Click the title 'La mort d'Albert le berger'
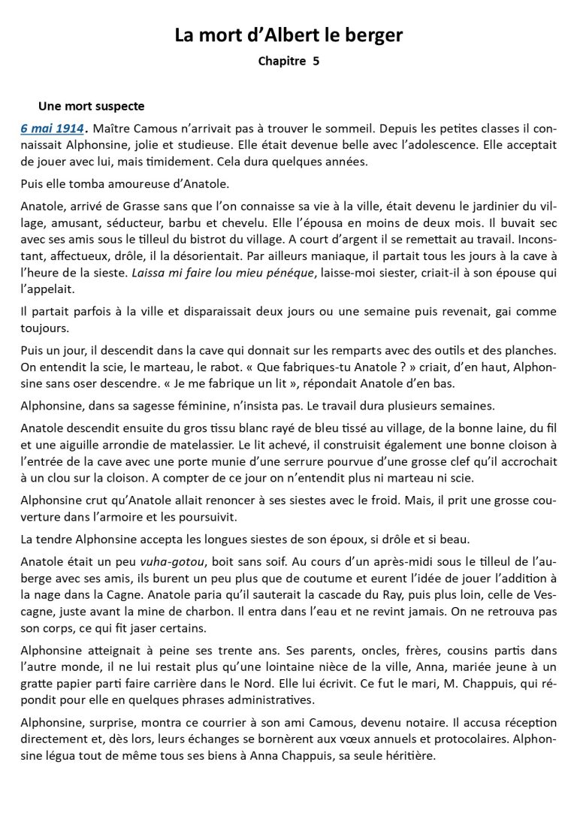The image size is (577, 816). click(288, 35)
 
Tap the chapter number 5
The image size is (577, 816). click(316, 62)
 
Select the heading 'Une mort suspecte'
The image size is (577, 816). click(92, 107)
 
